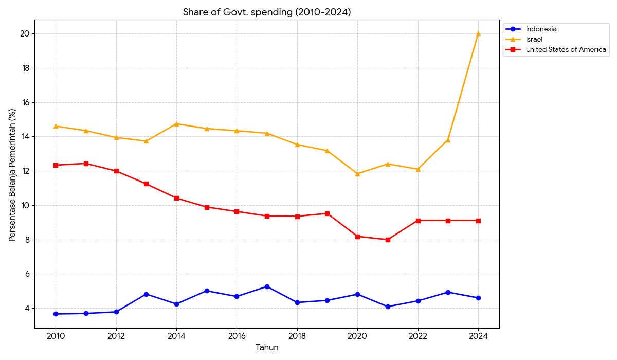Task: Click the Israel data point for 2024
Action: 478,34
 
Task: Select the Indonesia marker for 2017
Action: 267,286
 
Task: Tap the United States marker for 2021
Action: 388,240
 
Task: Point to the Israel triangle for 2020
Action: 357,174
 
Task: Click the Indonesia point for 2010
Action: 56,314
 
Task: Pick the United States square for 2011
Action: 86,164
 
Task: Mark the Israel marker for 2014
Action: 176,124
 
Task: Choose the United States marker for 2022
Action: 418,221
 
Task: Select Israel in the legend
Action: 534,40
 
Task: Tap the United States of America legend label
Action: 566,50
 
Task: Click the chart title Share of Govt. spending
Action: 267,12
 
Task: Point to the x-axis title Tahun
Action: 267,348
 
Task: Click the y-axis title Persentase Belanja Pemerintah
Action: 13,175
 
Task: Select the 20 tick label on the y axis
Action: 25,34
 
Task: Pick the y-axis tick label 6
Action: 27,274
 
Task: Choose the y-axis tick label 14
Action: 25,137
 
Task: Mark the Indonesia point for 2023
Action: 448,292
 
